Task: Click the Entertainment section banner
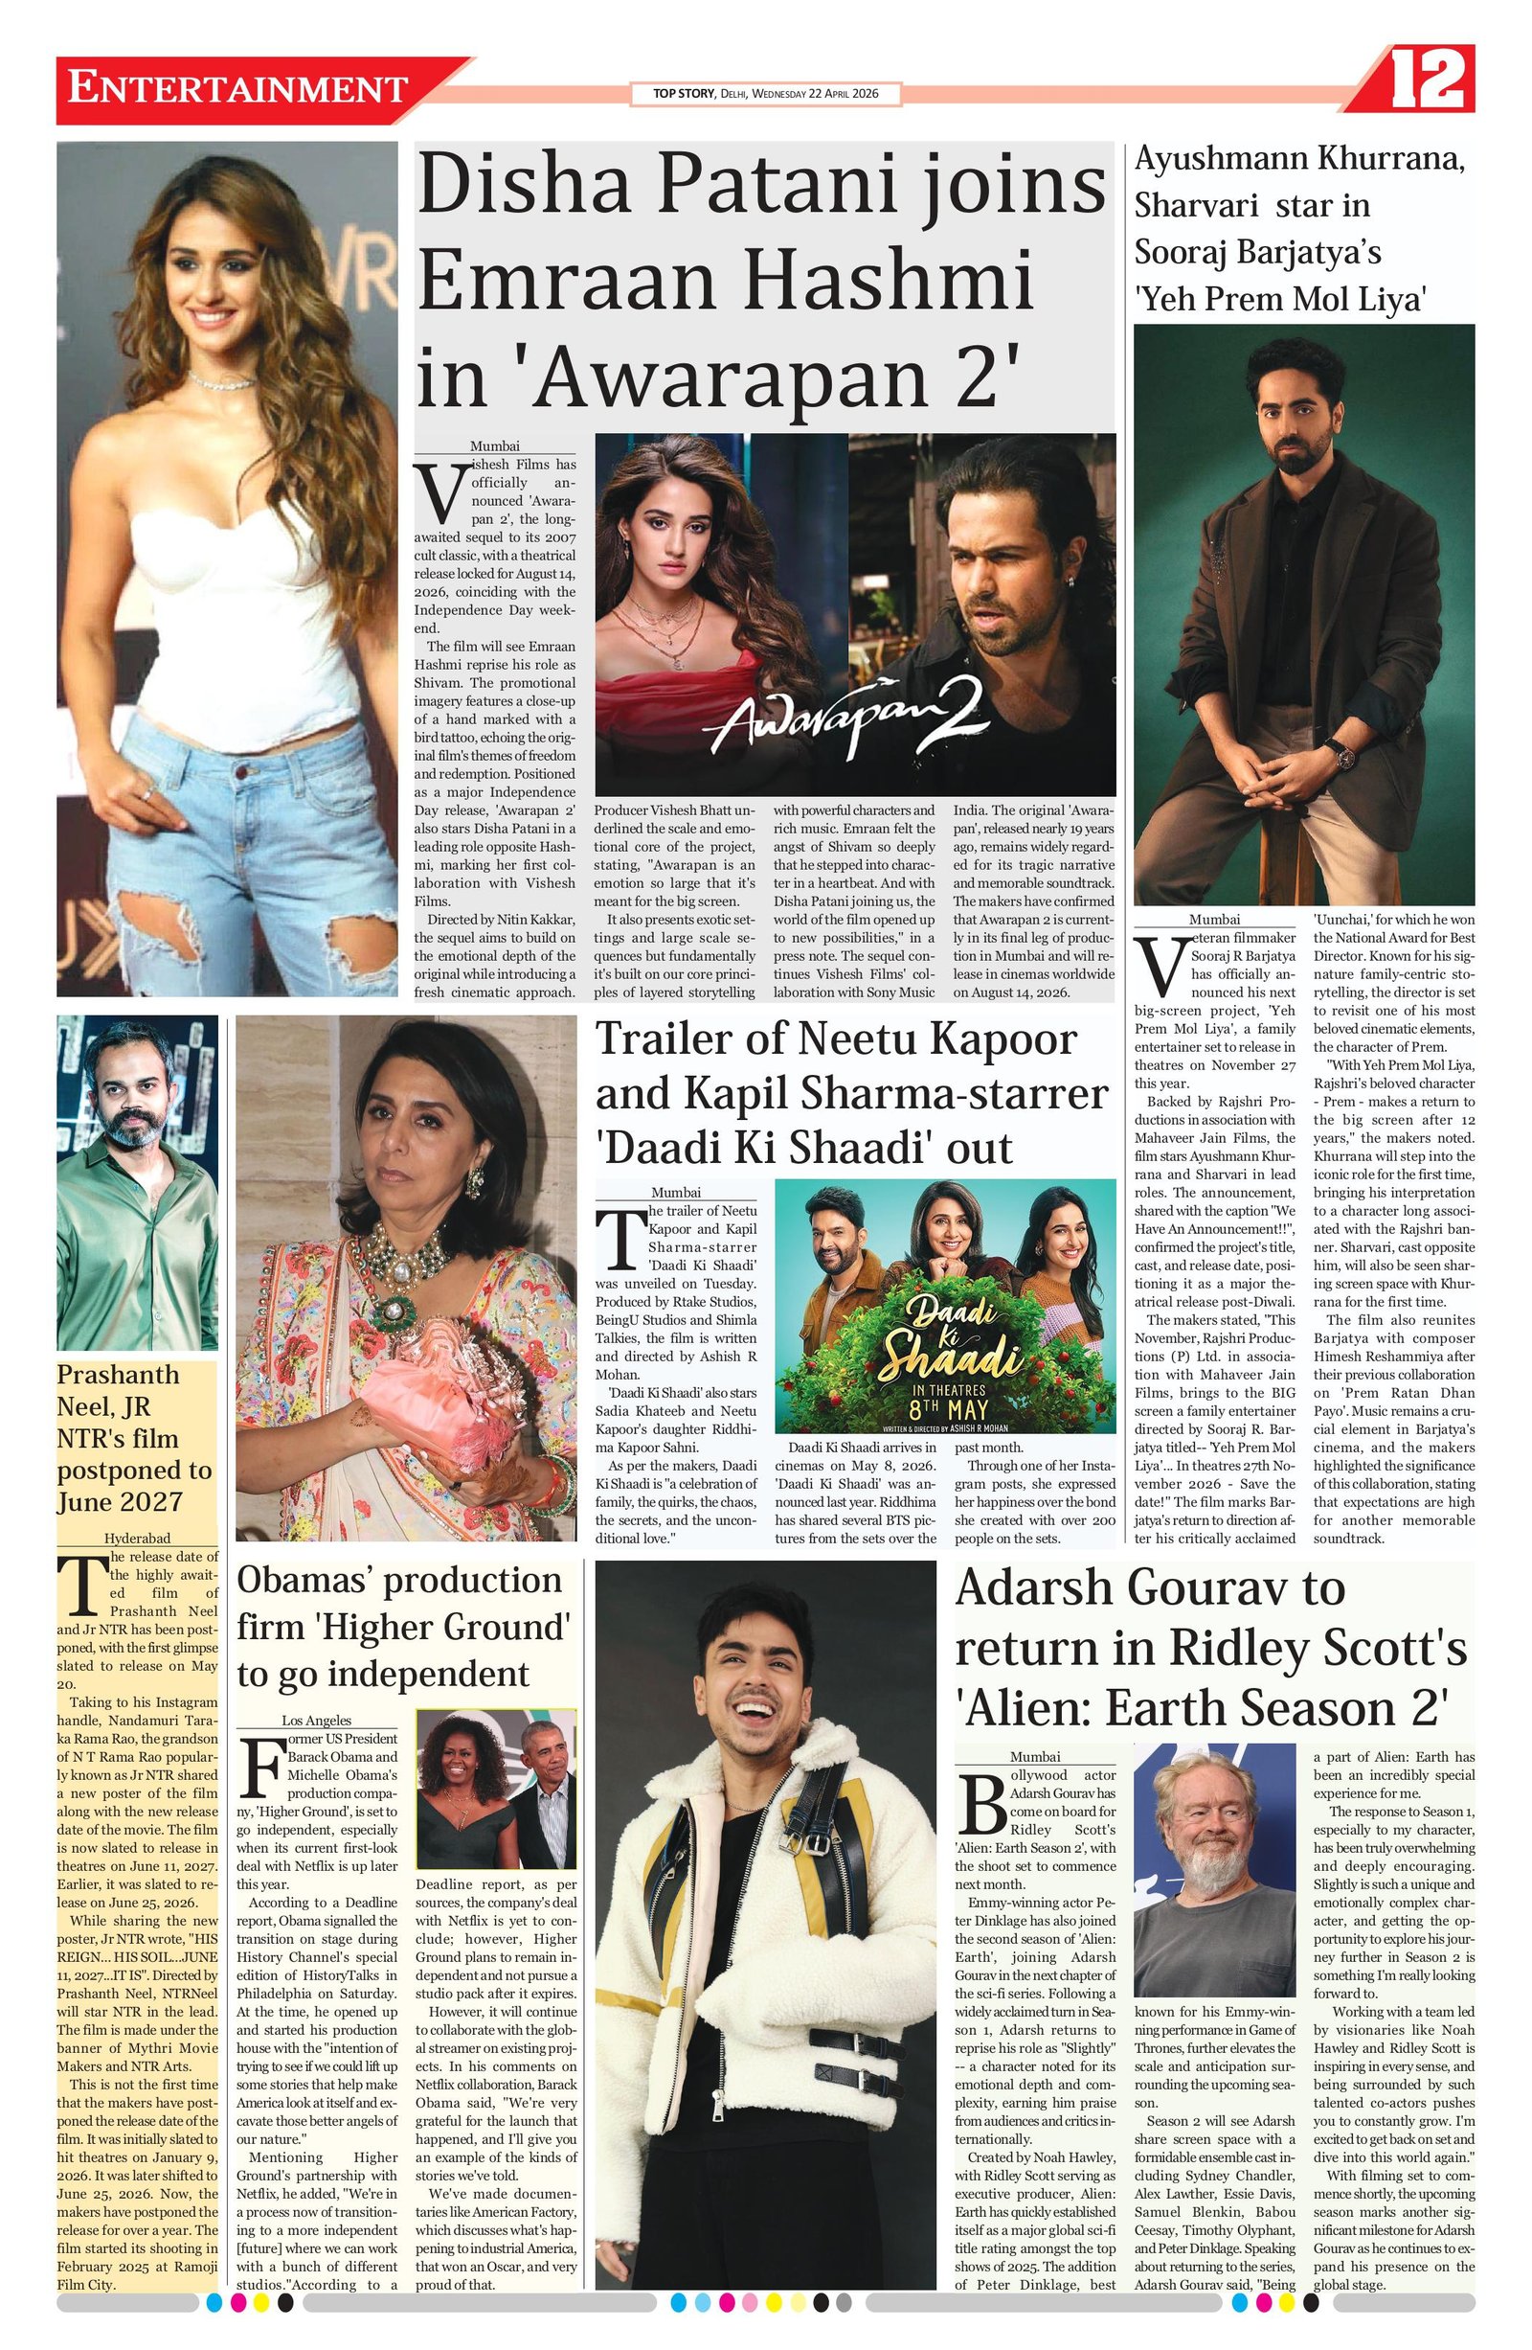pyautogui.click(x=237, y=89)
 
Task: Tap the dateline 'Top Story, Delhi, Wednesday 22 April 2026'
pyautogui.click(x=765, y=94)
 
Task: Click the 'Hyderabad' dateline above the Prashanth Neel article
pyautogui.click(x=137, y=1538)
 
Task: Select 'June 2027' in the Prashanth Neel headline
pyautogui.click(x=121, y=1502)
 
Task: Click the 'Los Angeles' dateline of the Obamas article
pyautogui.click(x=316, y=1720)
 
